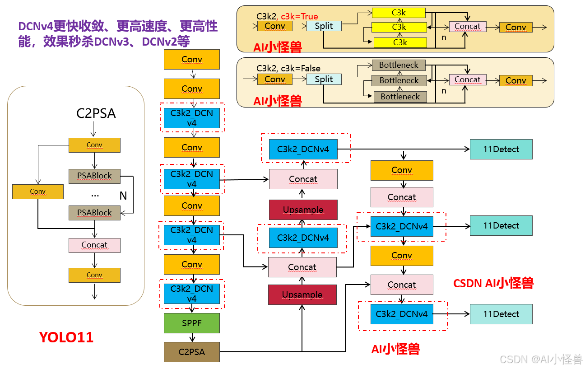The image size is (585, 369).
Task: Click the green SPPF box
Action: pos(191,323)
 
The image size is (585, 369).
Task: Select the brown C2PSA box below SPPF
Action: pos(191,352)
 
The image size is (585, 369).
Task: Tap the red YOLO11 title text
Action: pos(66,337)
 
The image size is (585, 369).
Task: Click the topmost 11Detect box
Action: pos(501,149)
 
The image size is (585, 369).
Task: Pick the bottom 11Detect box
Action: pos(501,314)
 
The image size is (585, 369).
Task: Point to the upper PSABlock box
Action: pos(94,176)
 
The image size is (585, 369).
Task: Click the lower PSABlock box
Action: pos(94,212)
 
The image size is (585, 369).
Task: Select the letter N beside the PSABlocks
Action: pos(123,196)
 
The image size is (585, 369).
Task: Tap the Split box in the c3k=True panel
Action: pos(324,26)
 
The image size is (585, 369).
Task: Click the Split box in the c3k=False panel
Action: pos(324,79)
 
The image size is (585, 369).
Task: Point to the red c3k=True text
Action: pos(299,17)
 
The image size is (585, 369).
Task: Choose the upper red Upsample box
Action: pos(303,210)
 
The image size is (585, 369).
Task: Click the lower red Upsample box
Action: pos(302,294)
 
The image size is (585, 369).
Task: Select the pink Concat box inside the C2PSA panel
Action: pos(94,245)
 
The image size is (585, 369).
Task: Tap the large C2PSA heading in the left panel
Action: pos(96,113)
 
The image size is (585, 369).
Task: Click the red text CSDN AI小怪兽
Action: pos(493,283)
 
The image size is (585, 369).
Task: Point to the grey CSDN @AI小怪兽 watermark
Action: pos(541,359)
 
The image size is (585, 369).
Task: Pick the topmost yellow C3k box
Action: pos(399,13)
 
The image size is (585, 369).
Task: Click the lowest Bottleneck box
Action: pos(400,96)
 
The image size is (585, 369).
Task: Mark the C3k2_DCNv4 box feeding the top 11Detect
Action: pos(303,149)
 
